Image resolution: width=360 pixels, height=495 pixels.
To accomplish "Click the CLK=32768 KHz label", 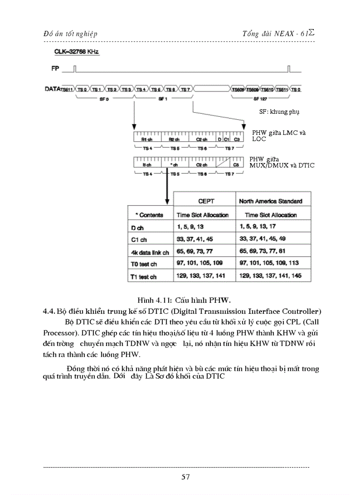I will (x=76, y=52).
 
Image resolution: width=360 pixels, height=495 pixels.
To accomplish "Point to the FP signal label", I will (x=55, y=69).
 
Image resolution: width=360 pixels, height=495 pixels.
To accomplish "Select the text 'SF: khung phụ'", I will (x=279, y=112).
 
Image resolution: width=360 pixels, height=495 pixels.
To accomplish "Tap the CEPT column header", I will (x=206, y=201).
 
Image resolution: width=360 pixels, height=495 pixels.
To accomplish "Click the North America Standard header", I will (x=270, y=201).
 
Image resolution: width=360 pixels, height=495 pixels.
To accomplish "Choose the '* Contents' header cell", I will (x=149, y=215).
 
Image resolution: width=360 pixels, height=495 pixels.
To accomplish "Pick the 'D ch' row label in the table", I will (x=138, y=228).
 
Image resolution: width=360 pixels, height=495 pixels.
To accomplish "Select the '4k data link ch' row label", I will (x=150, y=253).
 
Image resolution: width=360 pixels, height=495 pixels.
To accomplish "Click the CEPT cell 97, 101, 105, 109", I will (x=199, y=263).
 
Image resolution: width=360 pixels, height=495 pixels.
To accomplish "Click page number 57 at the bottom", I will (x=185, y=476).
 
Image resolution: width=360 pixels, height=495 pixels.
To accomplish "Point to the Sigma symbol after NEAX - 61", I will (x=311, y=32).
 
